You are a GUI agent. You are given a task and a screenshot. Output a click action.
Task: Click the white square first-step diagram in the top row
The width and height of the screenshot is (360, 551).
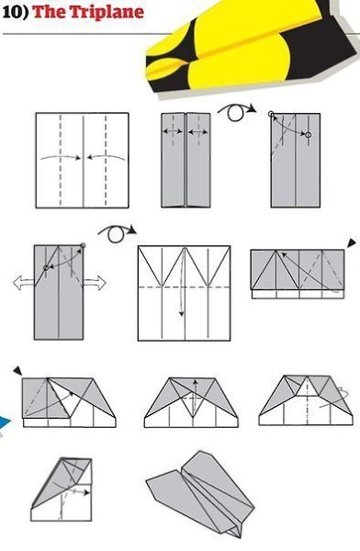tap(83, 160)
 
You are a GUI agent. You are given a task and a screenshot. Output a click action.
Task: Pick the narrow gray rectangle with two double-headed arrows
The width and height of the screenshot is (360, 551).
tap(186, 160)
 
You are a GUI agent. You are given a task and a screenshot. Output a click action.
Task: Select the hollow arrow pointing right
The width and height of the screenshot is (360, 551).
tap(95, 283)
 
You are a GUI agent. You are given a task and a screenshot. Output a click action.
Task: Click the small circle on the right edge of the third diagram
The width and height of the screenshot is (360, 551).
tap(308, 135)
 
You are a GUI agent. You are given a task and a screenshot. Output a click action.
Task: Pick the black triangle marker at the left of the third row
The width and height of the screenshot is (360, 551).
tap(17, 370)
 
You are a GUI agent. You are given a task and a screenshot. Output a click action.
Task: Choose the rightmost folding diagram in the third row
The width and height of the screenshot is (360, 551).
tap(303, 400)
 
